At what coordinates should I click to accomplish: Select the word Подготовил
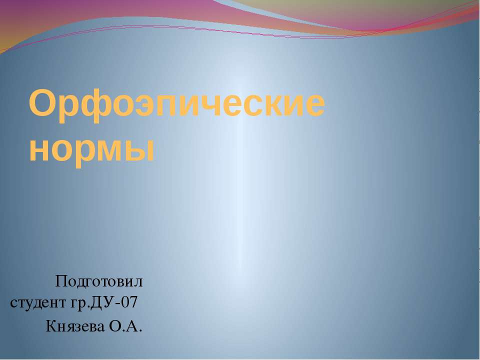click(99, 282)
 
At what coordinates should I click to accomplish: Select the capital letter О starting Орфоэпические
click(41, 103)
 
